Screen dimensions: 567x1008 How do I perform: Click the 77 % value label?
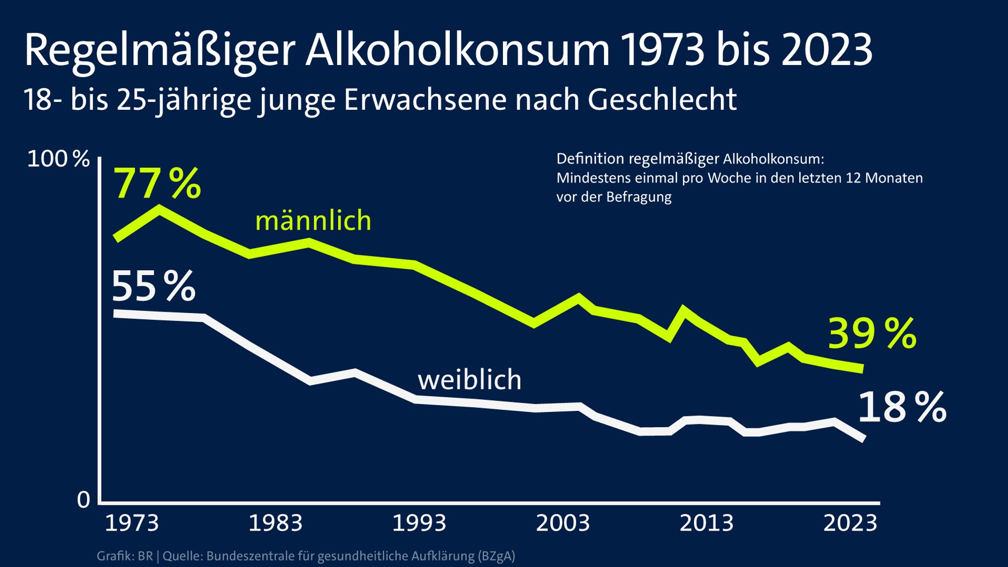pyautogui.click(x=157, y=183)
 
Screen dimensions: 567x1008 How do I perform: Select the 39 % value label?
pyautogui.click(x=872, y=334)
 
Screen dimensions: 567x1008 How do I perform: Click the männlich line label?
pyautogui.click(x=313, y=220)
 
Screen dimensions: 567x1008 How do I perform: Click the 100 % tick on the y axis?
pyautogui.click(x=58, y=159)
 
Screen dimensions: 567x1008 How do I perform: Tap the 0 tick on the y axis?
pyautogui.click(x=84, y=500)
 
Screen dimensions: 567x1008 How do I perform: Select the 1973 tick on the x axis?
pyautogui.click(x=132, y=523)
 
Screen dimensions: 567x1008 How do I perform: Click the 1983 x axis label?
pyautogui.click(x=275, y=523)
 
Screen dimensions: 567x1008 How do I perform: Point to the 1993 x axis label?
pyautogui.click(x=419, y=523)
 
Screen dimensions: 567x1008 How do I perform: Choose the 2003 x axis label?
pyautogui.click(x=563, y=523)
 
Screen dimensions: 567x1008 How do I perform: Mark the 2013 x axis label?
pyautogui.click(x=706, y=523)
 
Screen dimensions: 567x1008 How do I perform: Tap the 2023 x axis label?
pyautogui.click(x=850, y=523)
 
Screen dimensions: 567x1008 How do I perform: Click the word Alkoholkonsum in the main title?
pyautogui.click(x=457, y=50)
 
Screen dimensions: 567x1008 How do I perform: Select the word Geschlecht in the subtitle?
pyautogui.click(x=661, y=100)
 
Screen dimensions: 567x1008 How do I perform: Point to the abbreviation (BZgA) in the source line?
pyautogui.click(x=496, y=556)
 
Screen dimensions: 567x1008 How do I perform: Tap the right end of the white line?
pyautogui.click(x=863, y=439)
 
